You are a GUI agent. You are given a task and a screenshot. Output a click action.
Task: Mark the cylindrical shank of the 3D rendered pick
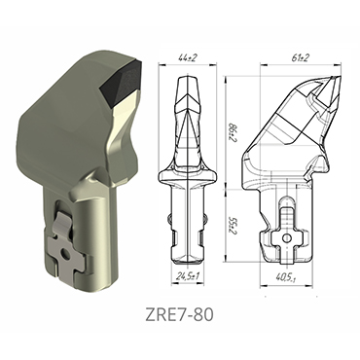tap(97, 224)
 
